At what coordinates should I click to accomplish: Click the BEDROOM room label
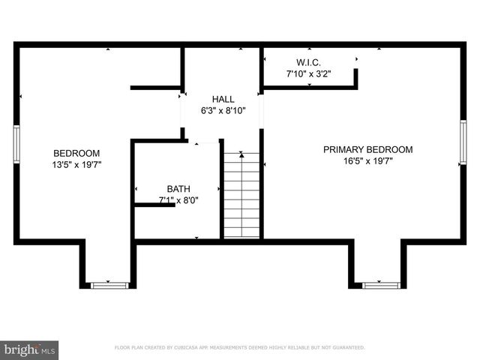click(x=76, y=152)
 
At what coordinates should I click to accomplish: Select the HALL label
click(x=223, y=99)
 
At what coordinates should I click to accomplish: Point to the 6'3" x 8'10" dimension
click(x=223, y=110)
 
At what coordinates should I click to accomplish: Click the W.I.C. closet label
click(x=308, y=62)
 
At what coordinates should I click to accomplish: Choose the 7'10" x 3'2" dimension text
click(x=308, y=73)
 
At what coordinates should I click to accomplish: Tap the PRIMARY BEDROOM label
click(x=367, y=149)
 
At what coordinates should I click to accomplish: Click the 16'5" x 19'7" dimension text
click(x=367, y=160)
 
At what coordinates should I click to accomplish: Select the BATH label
click(x=178, y=189)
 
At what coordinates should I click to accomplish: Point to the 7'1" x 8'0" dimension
click(x=178, y=200)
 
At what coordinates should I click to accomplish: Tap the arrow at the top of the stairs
click(x=241, y=155)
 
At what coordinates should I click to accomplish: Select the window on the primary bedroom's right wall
click(x=463, y=142)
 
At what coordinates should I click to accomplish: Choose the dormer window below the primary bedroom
click(x=381, y=285)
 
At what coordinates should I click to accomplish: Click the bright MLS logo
click(x=30, y=349)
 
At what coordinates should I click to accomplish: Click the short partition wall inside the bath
click(x=154, y=204)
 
